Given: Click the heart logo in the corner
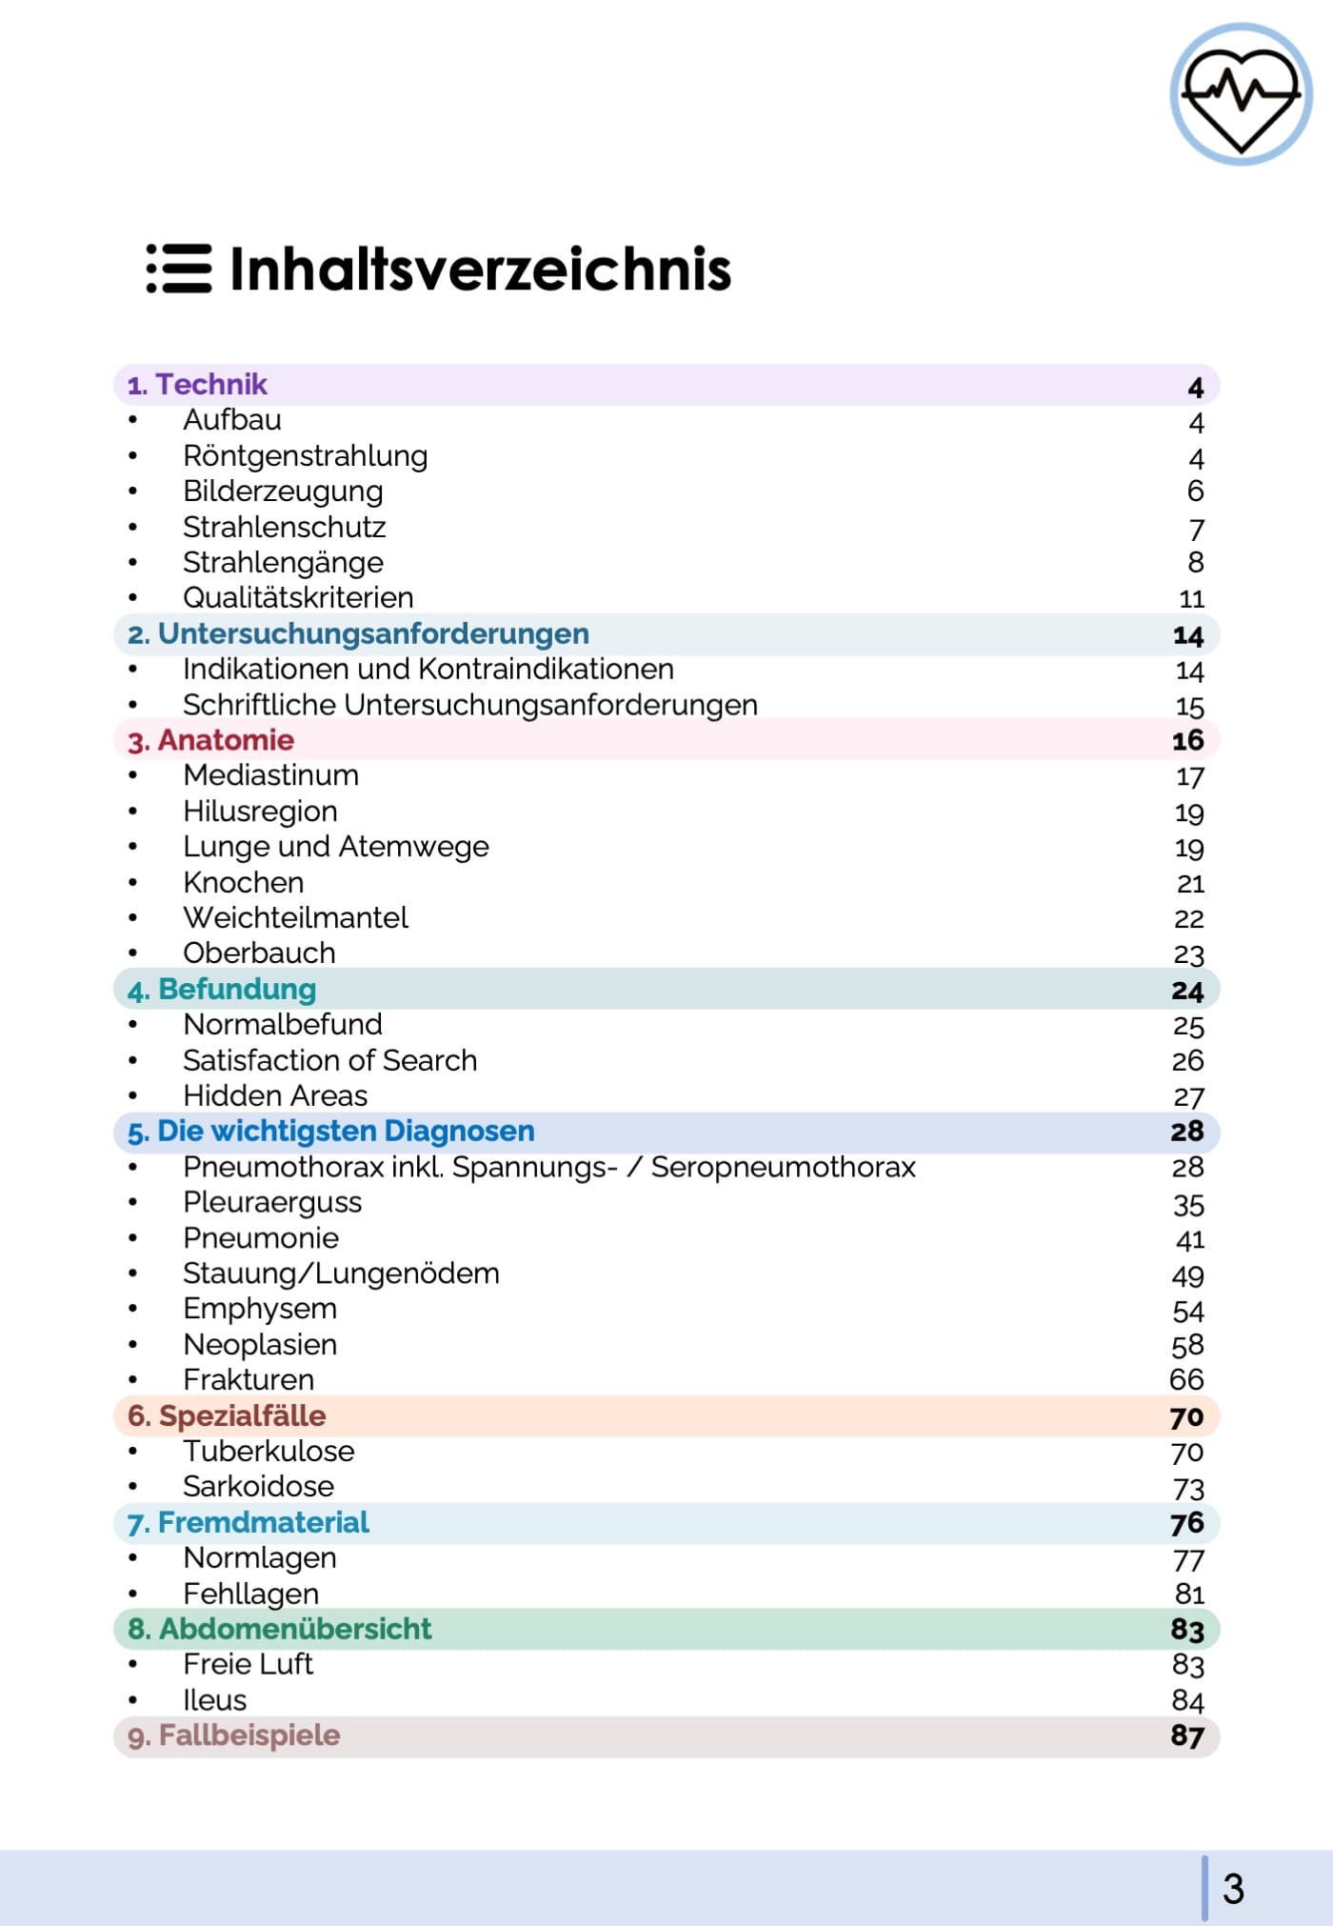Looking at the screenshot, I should tap(1241, 94).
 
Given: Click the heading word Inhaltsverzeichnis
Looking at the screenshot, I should tap(480, 269).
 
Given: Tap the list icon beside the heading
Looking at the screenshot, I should tap(179, 269).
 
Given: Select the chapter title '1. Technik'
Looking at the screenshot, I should tap(198, 385).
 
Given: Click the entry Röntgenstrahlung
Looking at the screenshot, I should tap(305, 456).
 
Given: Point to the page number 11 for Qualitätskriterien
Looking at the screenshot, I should tap(1191, 599).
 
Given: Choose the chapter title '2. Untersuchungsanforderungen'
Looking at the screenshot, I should tap(359, 634).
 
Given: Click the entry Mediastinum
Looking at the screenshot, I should tap(270, 776).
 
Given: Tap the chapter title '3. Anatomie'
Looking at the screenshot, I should tap(211, 740).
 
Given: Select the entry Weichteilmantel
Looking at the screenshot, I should tap(295, 918).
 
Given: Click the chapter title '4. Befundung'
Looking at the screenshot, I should tap(222, 990).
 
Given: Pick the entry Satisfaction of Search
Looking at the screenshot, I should tap(329, 1061).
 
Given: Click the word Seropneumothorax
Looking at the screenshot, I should tap(783, 1168).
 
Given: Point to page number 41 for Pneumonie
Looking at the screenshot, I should tap(1190, 1240).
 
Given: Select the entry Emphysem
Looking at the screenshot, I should tap(260, 1310).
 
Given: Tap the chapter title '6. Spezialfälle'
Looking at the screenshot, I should tap(228, 1416).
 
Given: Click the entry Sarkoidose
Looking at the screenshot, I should tap(258, 1487).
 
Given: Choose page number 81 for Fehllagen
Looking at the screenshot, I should tap(1190, 1595).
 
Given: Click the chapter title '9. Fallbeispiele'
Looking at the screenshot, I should tap(234, 1735).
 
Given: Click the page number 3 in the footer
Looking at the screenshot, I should tap(1233, 1889).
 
